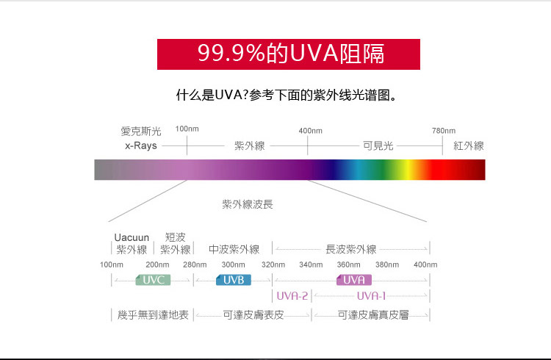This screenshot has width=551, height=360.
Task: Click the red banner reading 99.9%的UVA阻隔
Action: [x=289, y=54]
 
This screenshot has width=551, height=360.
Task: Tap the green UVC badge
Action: [x=154, y=280]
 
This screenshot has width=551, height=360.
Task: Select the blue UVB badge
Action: [x=234, y=280]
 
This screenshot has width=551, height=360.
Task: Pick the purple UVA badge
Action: [x=354, y=280]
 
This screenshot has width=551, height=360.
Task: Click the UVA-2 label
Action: [x=292, y=296]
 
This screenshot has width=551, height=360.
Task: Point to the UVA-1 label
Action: [x=371, y=296]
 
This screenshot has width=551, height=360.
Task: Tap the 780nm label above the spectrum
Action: [x=444, y=131]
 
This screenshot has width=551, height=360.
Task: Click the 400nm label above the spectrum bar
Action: [x=310, y=131]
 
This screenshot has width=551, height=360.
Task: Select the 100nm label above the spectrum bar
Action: [x=187, y=129]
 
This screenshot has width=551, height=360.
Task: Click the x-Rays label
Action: [x=141, y=145]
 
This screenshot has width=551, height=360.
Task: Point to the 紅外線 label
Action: [x=469, y=145]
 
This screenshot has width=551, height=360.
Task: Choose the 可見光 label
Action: [x=378, y=145]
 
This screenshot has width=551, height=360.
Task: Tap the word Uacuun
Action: [x=132, y=237]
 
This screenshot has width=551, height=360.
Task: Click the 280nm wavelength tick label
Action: [x=195, y=264]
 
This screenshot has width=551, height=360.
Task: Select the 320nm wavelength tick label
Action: [x=273, y=264]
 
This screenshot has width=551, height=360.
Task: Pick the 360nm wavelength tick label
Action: [x=348, y=264]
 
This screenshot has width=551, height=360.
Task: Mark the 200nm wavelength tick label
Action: [x=157, y=264]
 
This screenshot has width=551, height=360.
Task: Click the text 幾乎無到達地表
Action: [x=153, y=314]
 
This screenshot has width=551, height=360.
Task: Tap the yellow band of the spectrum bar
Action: [x=406, y=170]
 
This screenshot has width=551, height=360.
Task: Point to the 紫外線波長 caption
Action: [x=248, y=204]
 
